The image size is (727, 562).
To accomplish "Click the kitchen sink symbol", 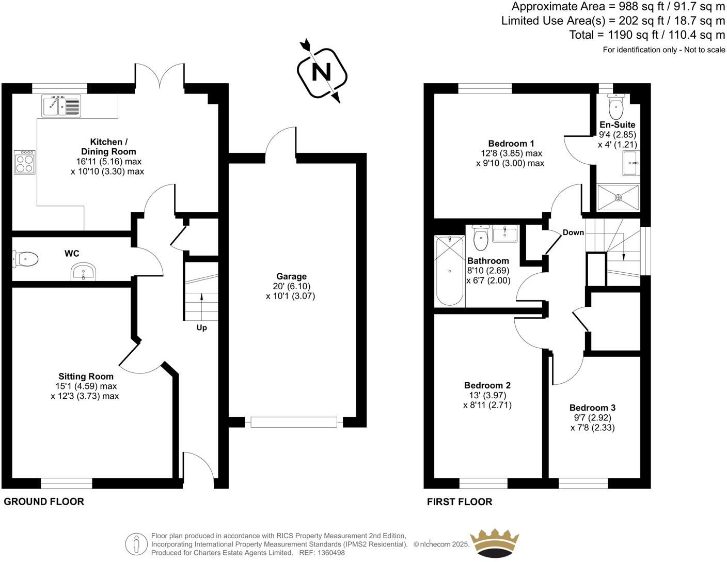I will pos(61,106).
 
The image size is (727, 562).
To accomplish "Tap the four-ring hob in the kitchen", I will pos(25,162).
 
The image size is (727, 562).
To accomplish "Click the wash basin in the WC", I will pos(83,272).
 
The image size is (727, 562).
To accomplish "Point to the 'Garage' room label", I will pos(291,276).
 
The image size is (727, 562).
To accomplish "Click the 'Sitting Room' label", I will pos(86,377).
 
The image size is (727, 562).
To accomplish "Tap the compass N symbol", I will pos(321,72).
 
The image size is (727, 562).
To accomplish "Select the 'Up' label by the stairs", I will pos(201,328).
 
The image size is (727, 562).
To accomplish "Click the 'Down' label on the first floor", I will pos(573,232).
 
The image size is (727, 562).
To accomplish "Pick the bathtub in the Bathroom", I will pos(449,271).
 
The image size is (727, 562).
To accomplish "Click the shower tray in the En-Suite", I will pos(618,197).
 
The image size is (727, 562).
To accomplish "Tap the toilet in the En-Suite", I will pos(616,107).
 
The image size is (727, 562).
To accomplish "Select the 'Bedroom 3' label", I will pos(592,408).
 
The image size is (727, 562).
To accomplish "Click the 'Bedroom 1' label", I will pos(511,144).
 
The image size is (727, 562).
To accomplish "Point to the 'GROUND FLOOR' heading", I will pos(44,502).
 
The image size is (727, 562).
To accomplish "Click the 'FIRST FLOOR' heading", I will pos(460,502).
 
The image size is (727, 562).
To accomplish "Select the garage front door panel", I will pos(293,422).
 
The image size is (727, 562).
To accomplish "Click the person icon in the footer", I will pos(136,543).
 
